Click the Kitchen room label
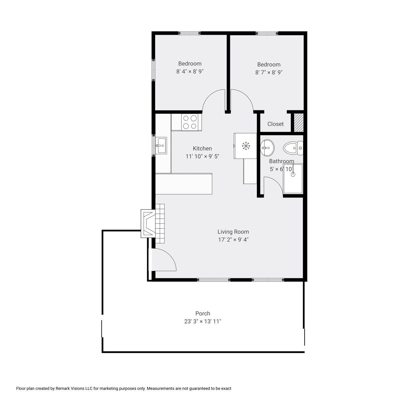pos(202,148)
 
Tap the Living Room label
pos(233,232)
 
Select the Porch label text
pos(203,314)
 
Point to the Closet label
pos(275,124)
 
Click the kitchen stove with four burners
pos(190,122)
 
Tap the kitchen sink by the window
pos(161,145)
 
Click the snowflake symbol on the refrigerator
pos(246,146)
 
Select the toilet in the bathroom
pos(293,148)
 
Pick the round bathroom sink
pos(267,148)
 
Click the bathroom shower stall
pos(293,178)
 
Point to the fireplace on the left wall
pos(148,224)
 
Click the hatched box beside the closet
pos(299,123)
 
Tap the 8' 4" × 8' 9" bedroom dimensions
pos(190,72)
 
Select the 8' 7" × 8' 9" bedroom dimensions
pos(269,72)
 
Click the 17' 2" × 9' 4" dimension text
pos(233,239)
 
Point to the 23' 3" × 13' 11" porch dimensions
pos(203,321)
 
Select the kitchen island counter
pos(184,184)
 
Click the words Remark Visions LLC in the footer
pos(74,394)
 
